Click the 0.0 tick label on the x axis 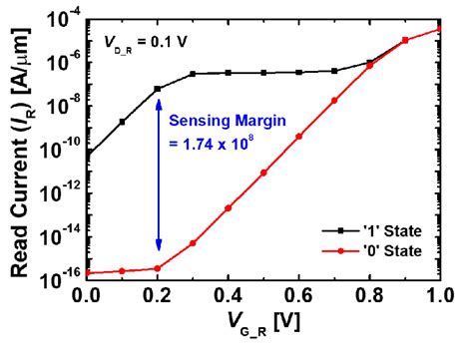[x=87, y=295]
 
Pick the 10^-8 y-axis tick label [x=62, y=105]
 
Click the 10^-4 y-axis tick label [x=63, y=21]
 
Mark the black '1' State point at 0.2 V [x=158, y=89]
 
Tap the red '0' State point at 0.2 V [x=158, y=267]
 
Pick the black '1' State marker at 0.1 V [x=123, y=122]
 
